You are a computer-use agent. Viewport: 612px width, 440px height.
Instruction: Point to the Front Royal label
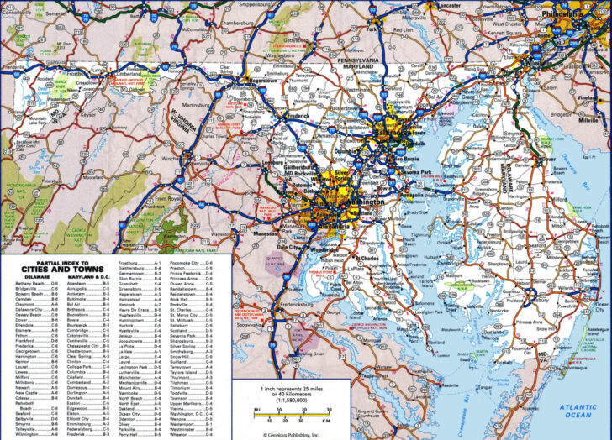click(x=169, y=198)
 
